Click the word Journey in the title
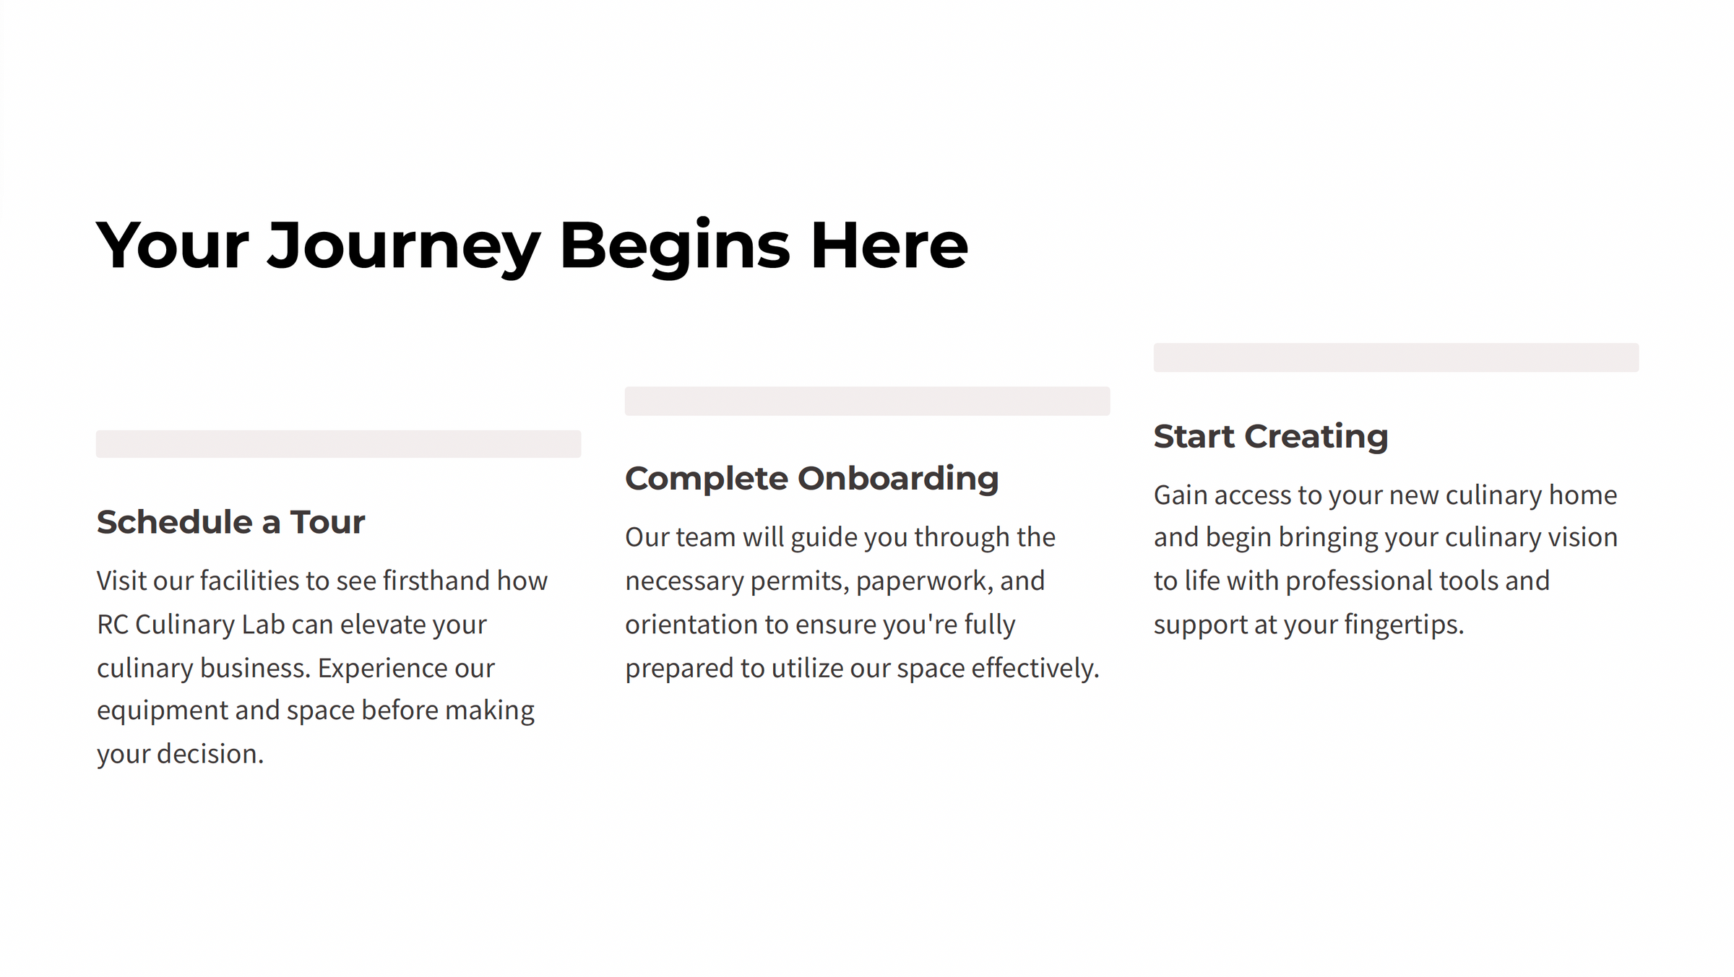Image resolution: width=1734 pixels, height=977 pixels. click(404, 247)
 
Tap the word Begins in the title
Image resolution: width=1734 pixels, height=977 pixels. click(675, 247)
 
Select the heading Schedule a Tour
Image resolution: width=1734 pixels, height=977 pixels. click(230, 522)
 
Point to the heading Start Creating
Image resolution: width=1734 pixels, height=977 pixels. click(1271, 436)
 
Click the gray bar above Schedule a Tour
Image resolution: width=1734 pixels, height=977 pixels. click(338, 444)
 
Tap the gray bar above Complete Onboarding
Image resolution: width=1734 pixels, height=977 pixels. click(867, 401)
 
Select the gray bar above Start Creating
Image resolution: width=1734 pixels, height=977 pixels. click(1396, 357)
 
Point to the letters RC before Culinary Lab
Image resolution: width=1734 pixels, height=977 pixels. click(113, 625)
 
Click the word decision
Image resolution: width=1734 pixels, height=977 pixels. click(210, 754)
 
